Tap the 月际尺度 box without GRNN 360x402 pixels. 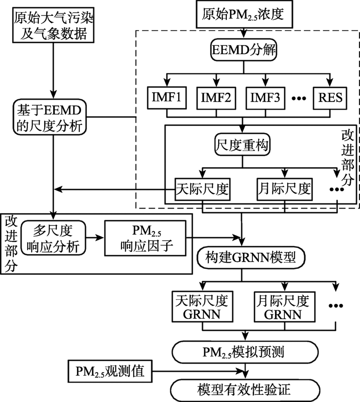(x=284, y=189)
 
